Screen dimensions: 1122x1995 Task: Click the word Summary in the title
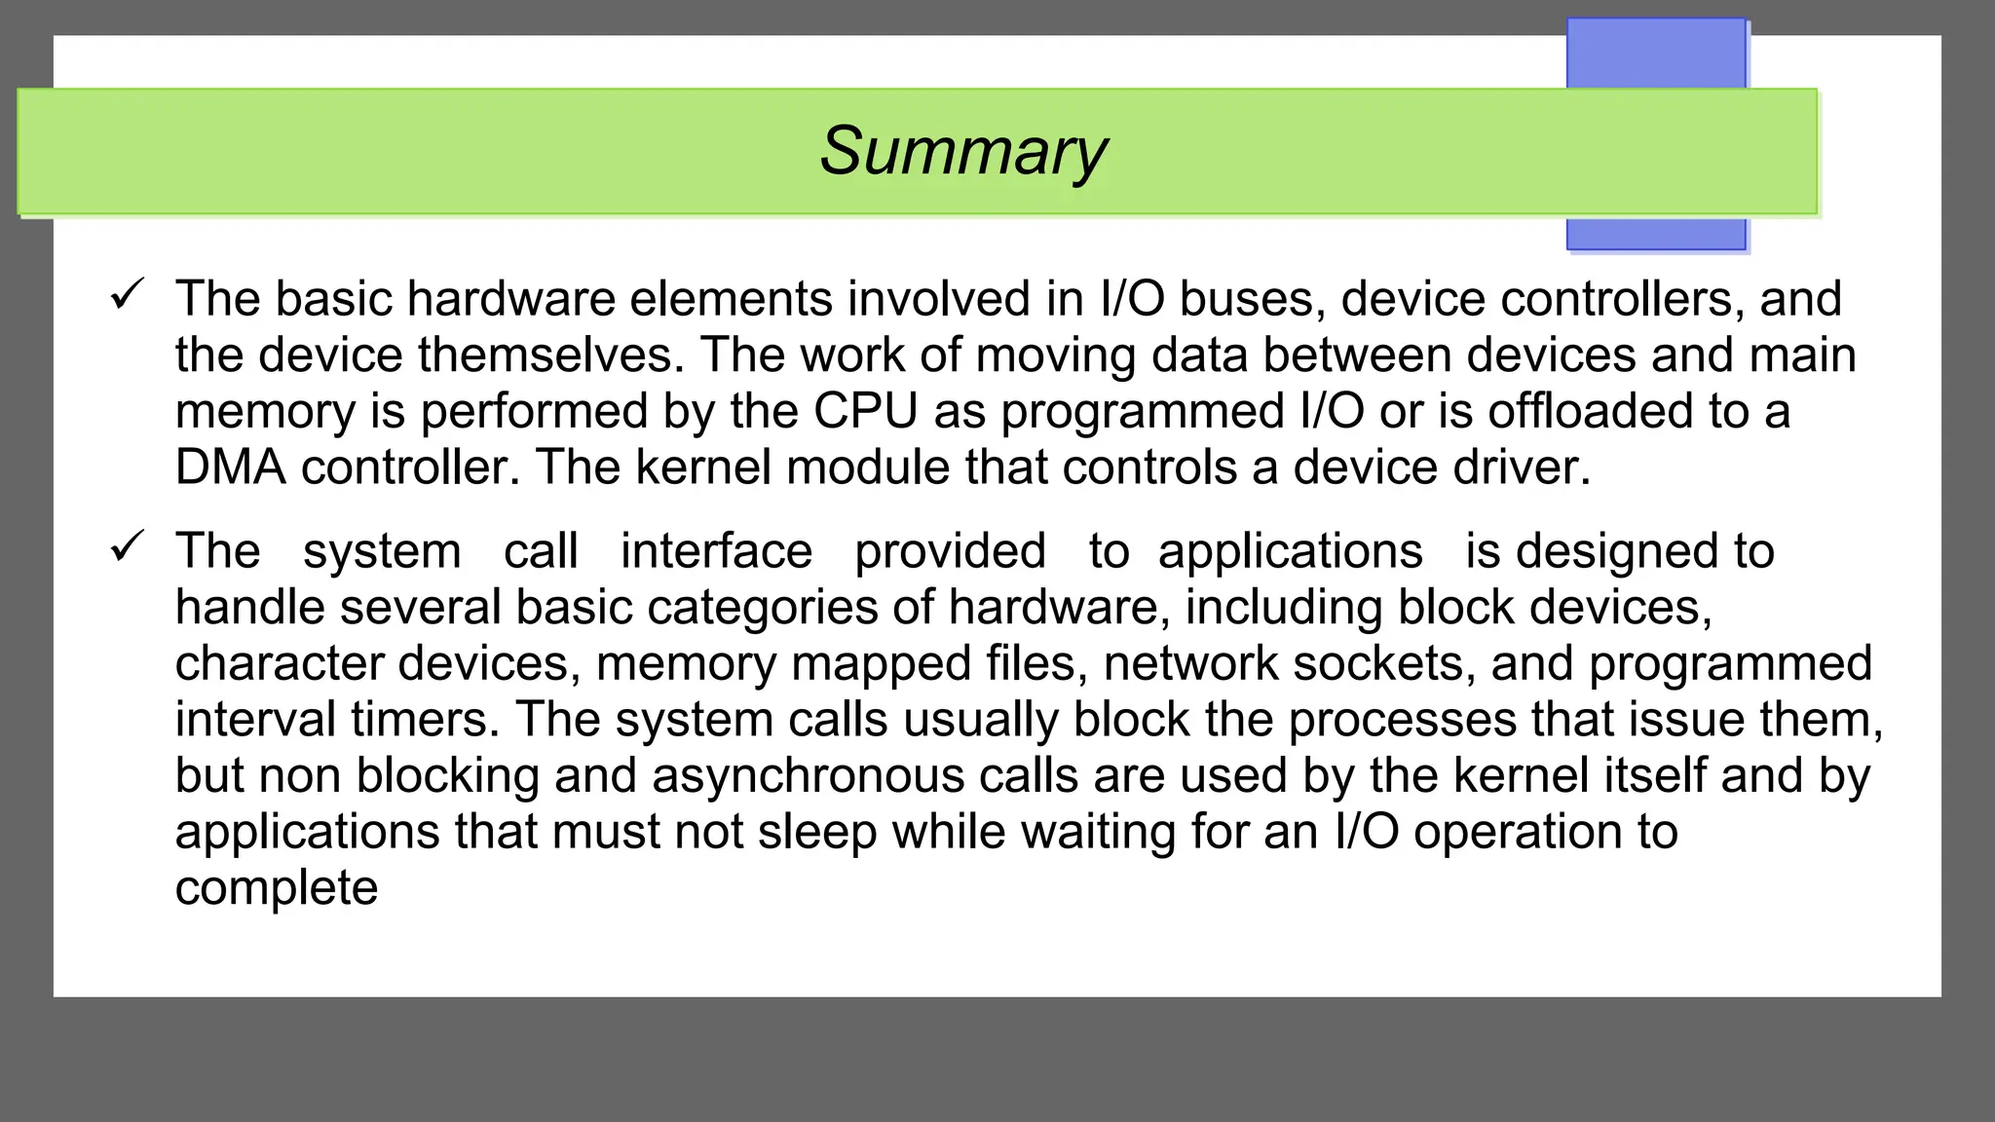pos(962,152)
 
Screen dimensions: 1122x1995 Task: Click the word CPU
pos(866,411)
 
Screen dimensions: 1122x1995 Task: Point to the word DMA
pos(231,467)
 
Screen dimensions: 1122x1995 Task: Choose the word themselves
pos(551,355)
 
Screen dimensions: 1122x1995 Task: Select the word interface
pos(716,551)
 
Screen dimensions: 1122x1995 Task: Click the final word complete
pos(277,888)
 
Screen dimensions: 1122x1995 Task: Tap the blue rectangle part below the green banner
pos(1655,233)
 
